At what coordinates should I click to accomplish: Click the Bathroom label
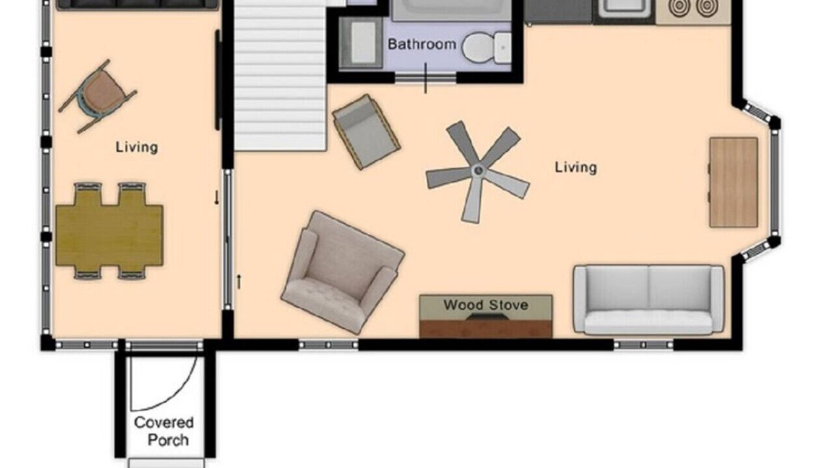pyautogui.click(x=422, y=44)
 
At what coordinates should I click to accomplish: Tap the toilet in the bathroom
pyautogui.click(x=486, y=47)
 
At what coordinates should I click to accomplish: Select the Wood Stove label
pyautogui.click(x=485, y=305)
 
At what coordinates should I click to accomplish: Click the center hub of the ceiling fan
pyautogui.click(x=478, y=171)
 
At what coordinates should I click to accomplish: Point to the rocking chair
pyautogui.click(x=98, y=96)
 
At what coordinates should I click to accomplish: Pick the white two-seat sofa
pyautogui.click(x=649, y=300)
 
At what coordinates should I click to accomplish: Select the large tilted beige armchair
pyautogui.click(x=342, y=272)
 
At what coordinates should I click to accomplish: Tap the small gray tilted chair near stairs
pyautogui.click(x=366, y=132)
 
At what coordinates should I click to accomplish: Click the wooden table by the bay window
pyautogui.click(x=733, y=183)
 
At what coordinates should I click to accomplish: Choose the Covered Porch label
pyautogui.click(x=164, y=431)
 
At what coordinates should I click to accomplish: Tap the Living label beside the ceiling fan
pyautogui.click(x=576, y=167)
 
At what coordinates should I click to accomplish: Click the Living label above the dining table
pyautogui.click(x=137, y=147)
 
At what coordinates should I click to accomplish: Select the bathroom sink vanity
pyautogui.click(x=361, y=44)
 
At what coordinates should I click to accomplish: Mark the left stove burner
pyautogui.click(x=679, y=7)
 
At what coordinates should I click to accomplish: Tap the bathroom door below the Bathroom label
pyautogui.click(x=426, y=78)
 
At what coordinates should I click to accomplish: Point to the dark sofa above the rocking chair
pyautogui.click(x=137, y=4)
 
